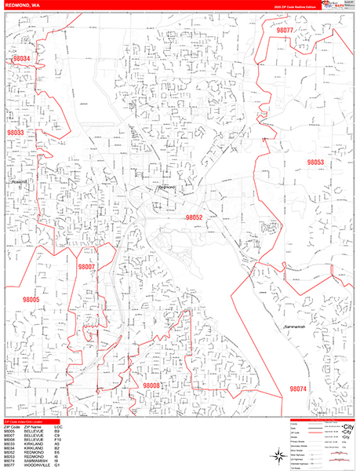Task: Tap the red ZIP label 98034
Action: pos(23,59)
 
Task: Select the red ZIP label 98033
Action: pos(16,133)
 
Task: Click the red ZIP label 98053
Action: pos(315,162)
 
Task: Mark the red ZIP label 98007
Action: pos(86,267)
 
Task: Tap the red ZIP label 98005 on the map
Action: pos(31,300)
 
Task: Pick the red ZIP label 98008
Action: pos(151,385)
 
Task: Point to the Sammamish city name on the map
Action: pos(298,324)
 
